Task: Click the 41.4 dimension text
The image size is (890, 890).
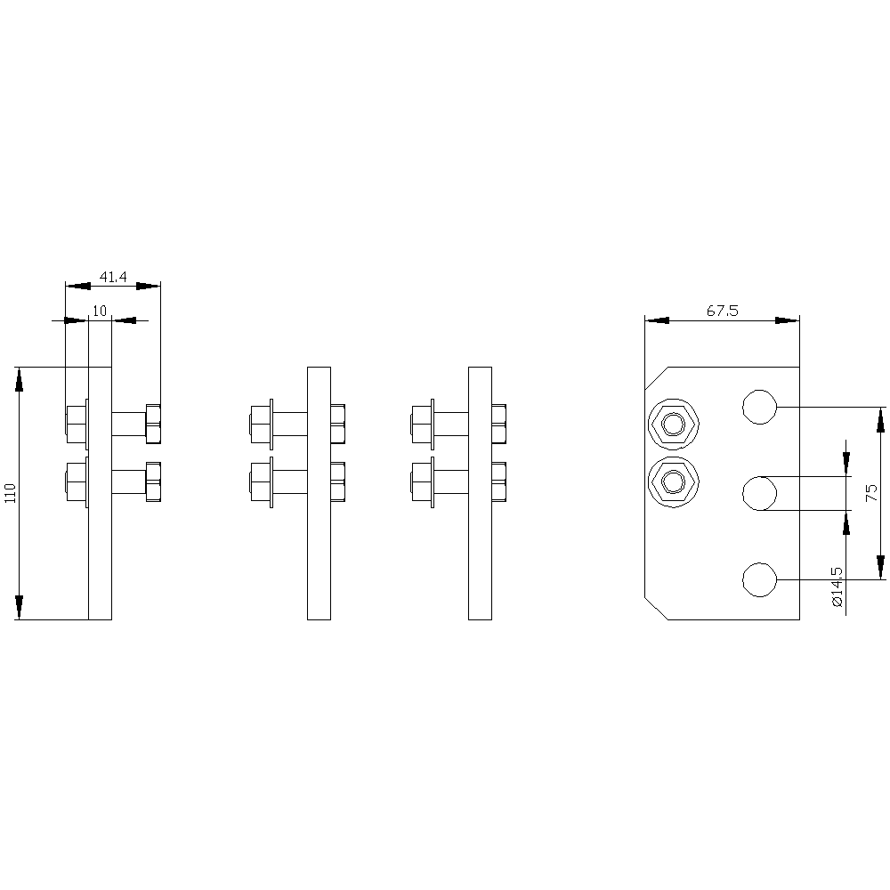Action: tap(113, 277)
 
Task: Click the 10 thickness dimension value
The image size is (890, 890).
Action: tap(100, 311)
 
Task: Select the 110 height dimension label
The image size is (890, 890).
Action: tap(10, 493)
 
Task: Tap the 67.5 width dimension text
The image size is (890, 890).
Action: tap(722, 311)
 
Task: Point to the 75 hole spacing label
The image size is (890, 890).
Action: tap(871, 493)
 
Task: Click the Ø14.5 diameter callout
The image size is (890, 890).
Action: tap(837, 587)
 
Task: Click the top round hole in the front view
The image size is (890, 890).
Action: tap(759, 407)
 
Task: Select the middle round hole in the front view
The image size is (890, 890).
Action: tap(759, 494)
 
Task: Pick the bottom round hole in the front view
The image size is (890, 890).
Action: tap(759, 580)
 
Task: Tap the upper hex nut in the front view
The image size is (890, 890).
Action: tap(673, 424)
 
